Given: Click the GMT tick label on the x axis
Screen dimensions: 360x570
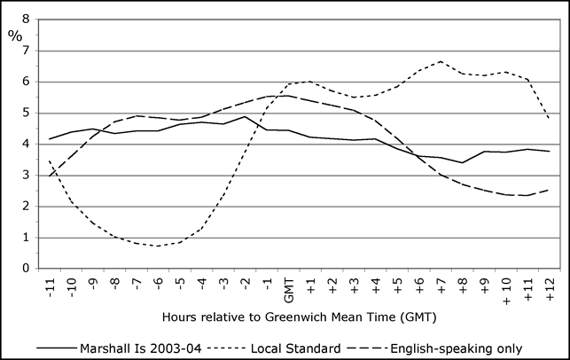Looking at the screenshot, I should [288, 288].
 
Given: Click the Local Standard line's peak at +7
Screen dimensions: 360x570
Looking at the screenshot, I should [441, 61].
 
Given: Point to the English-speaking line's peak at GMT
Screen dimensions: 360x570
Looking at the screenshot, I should [288, 96].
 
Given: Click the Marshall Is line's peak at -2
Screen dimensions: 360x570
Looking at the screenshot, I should [245, 116].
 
